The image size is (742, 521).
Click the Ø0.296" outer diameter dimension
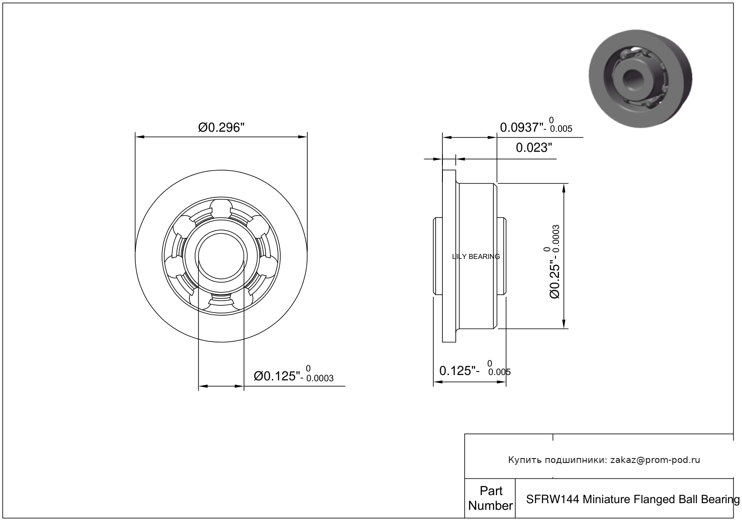tap(221, 128)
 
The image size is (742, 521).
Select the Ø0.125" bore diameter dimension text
tap(277, 376)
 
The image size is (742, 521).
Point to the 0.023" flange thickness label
tap(534, 148)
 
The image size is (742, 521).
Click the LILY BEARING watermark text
tap(476, 257)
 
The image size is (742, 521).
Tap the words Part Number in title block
tap(491, 498)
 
